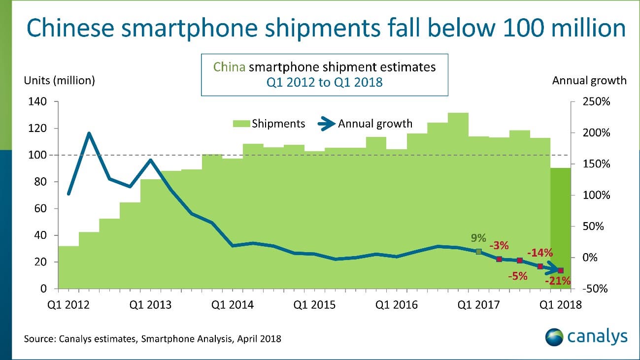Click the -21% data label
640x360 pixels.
click(558, 282)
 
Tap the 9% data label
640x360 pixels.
click(477, 239)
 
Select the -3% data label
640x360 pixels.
click(499, 246)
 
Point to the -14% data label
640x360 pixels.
click(539, 253)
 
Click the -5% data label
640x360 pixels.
click(517, 276)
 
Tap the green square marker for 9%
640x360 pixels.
click(478, 252)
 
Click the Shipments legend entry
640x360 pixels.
click(269, 124)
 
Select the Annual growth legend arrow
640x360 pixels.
click(325, 124)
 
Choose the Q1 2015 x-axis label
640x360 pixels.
click(314, 305)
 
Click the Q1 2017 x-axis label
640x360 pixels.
click(478, 305)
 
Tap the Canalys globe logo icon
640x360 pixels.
click(554, 337)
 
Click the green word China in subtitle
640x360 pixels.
click(229, 67)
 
